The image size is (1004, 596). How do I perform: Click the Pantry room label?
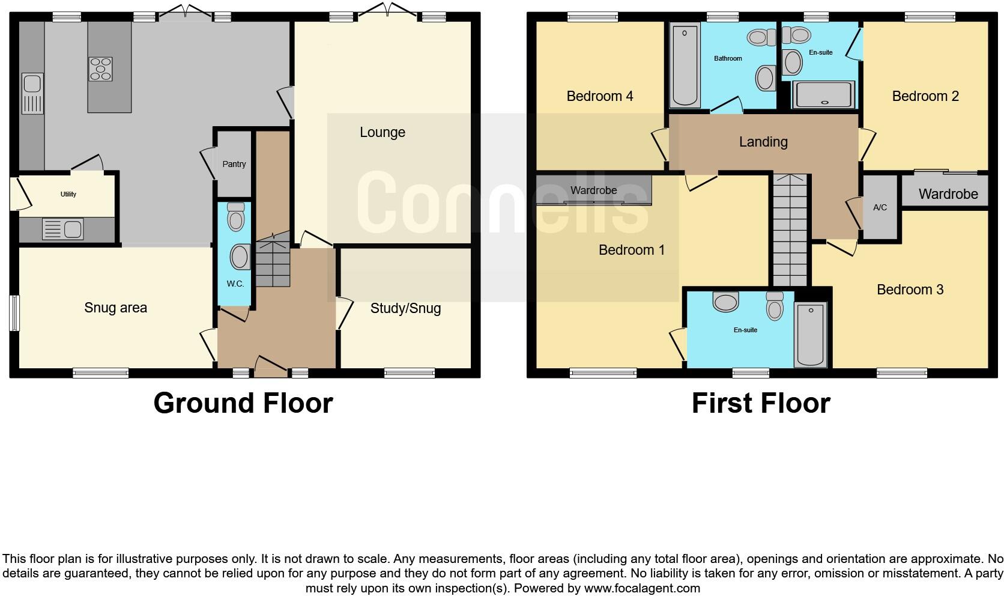pos(234,164)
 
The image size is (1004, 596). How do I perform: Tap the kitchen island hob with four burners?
pos(100,68)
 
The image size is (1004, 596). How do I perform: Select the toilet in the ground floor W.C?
pos(236,216)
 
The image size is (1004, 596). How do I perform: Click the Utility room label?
pos(68,194)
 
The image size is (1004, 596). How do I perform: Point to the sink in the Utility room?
pos(63,229)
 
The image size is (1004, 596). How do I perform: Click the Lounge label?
pos(383,132)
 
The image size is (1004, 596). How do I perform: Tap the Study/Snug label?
pos(405,308)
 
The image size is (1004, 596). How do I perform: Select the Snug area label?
pos(115,308)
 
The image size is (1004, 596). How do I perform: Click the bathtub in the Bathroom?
pos(685,64)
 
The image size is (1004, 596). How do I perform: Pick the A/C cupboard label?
pos(880,207)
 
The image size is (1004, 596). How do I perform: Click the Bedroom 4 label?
pos(600,96)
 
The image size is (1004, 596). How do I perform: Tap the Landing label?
pos(763,142)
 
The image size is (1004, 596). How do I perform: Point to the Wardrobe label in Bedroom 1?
pos(593,190)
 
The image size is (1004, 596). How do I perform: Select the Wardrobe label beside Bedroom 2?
pos(948,194)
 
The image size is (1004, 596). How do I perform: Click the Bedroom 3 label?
pos(910,290)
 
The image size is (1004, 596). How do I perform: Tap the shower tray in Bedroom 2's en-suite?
pos(822,95)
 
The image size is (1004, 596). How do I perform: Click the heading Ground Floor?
pos(243,403)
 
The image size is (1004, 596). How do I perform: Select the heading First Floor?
pos(761,403)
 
